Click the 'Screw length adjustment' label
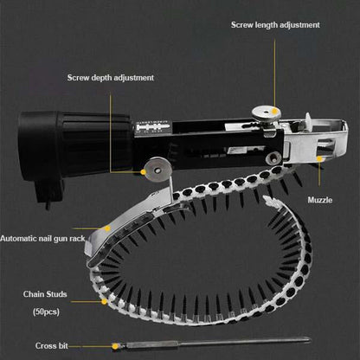[x=275, y=25]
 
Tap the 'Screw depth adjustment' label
[x=111, y=78]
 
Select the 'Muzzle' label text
[x=320, y=200]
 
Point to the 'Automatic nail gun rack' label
[x=42, y=239]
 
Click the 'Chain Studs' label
[x=45, y=294]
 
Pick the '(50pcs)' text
[x=46, y=312]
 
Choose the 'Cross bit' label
[x=52, y=345]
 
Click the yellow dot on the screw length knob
[x=275, y=111]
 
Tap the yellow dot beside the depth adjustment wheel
[x=143, y=172]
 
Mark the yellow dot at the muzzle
[x=319, y=158]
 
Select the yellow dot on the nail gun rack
[x=107, y=228]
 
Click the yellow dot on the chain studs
[x=104, y=302]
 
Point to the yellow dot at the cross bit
[x=115, y=346]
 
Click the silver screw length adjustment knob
[x=266, y=113]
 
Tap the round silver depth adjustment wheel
[x=157, y=170]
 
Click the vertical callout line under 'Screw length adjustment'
[x=274, y=74]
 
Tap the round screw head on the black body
[x=273, y=157]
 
